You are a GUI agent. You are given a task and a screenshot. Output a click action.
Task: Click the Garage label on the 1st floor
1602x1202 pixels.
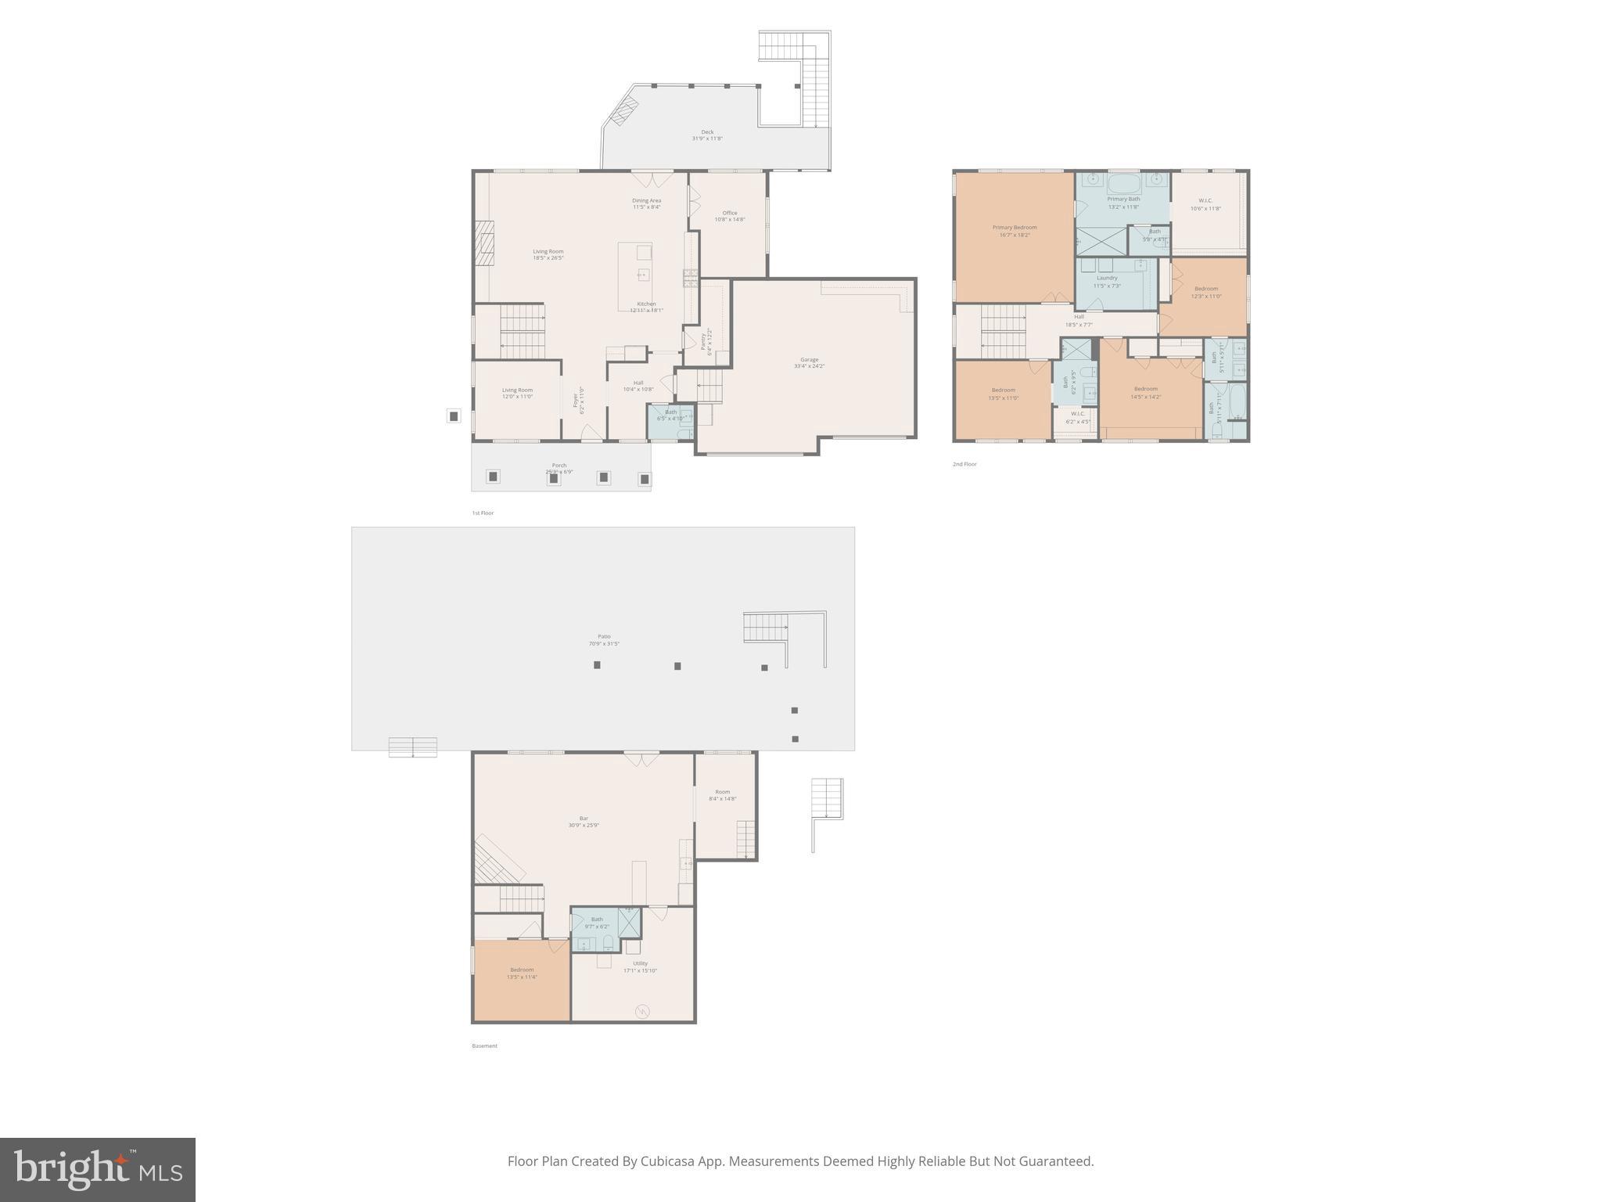pos(809,360)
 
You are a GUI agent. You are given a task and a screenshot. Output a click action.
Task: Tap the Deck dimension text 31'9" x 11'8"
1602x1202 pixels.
pos(707,139)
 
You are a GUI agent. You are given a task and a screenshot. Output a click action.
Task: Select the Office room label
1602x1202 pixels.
pos(730,213)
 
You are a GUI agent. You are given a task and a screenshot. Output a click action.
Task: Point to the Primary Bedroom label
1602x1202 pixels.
pos(1015,228)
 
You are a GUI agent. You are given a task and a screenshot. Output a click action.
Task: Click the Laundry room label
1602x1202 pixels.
pos(1107,278)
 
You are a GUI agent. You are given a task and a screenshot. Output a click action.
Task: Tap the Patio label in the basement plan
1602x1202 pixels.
pos(604,636)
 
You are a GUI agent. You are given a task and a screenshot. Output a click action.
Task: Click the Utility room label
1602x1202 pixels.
pos(640,963)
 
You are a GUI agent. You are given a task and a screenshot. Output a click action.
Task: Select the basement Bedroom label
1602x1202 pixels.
pos(522,970)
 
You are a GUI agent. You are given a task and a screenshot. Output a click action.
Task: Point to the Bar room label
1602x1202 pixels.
pos(584,819)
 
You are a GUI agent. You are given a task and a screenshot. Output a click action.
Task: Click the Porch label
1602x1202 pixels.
pos(559,466)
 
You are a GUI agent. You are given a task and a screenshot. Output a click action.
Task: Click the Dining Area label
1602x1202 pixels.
pos(646,200)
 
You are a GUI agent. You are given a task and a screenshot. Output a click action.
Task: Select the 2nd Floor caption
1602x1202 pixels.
pos(964,464)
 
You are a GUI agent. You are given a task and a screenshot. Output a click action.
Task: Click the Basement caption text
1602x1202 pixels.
pos(484,1045)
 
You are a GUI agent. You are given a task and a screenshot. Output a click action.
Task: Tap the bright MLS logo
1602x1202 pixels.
pos(98,1169)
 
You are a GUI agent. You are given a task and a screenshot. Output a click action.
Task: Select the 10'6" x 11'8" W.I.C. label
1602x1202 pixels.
pos(1205,204)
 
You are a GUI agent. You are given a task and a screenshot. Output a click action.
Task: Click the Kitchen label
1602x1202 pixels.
pos(646,304)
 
